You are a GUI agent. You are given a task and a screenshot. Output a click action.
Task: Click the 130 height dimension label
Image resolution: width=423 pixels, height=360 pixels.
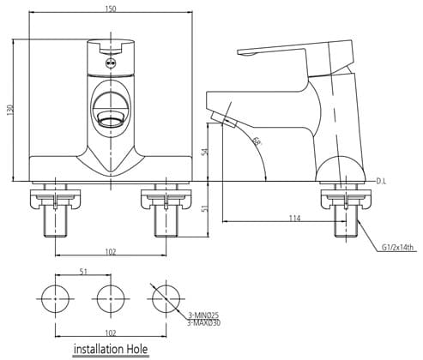(11, 111)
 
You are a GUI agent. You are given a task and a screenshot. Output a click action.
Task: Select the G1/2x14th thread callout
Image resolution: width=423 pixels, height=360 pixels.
(396, 248)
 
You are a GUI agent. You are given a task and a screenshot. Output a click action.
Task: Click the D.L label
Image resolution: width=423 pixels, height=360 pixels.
(381, 182)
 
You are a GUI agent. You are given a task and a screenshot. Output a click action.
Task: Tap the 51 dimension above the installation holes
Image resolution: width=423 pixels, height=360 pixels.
(82, 273)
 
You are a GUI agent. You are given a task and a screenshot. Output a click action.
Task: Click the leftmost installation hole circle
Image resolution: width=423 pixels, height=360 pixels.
(57, 299)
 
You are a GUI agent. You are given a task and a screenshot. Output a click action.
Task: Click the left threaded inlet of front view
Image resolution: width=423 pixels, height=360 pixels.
(56, 221)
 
